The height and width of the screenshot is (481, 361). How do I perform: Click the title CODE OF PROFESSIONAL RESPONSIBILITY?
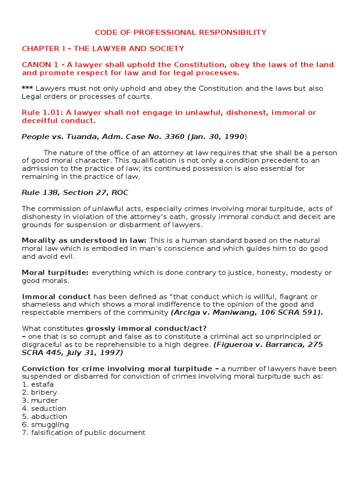(180, 32)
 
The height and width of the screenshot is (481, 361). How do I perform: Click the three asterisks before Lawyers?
(27, 89)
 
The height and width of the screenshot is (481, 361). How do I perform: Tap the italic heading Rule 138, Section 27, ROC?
(75, 193)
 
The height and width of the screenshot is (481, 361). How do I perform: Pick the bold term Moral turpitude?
(55, 273)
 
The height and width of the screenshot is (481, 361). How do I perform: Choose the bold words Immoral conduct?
(56, 297)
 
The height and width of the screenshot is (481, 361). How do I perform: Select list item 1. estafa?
(38, 385)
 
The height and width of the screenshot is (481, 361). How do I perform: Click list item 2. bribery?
(39, 393)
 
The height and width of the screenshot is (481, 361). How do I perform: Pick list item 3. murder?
(40, 401)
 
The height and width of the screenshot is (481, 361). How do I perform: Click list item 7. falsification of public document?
(84, 433)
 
